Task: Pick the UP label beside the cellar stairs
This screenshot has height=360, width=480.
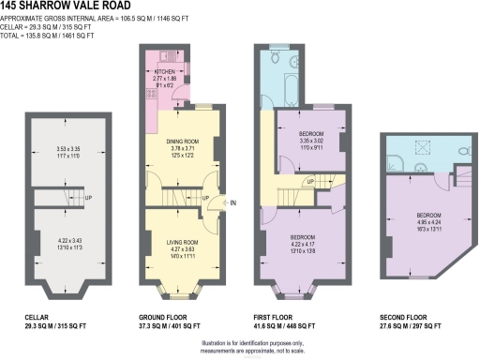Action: click(x=88, y=199)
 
